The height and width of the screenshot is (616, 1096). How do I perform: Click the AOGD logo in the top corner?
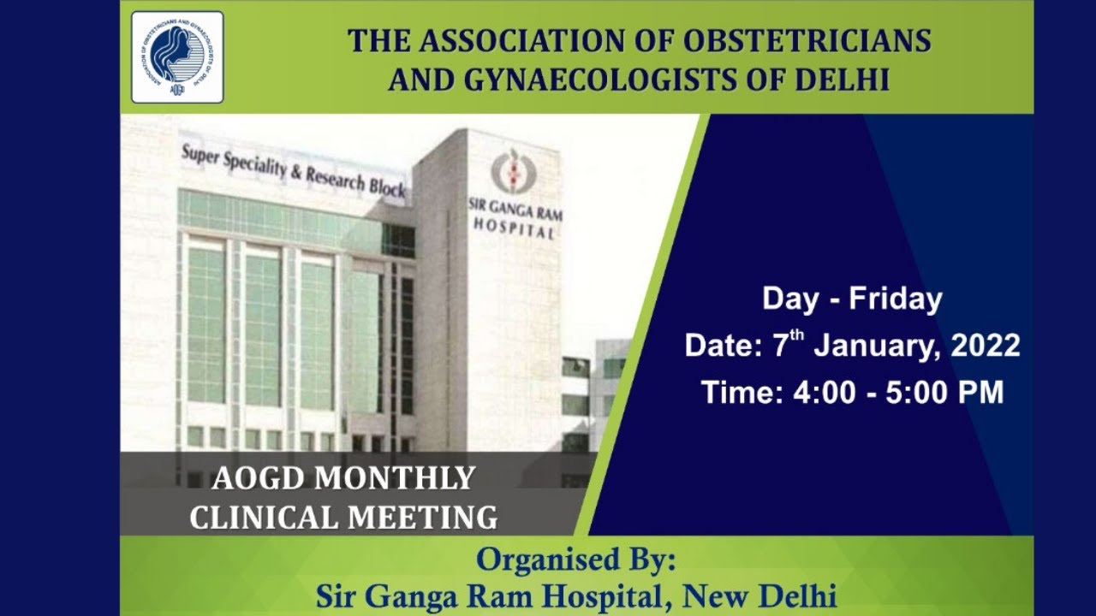(177, 56)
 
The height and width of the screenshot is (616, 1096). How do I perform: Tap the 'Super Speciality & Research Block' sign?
(293, 170)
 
